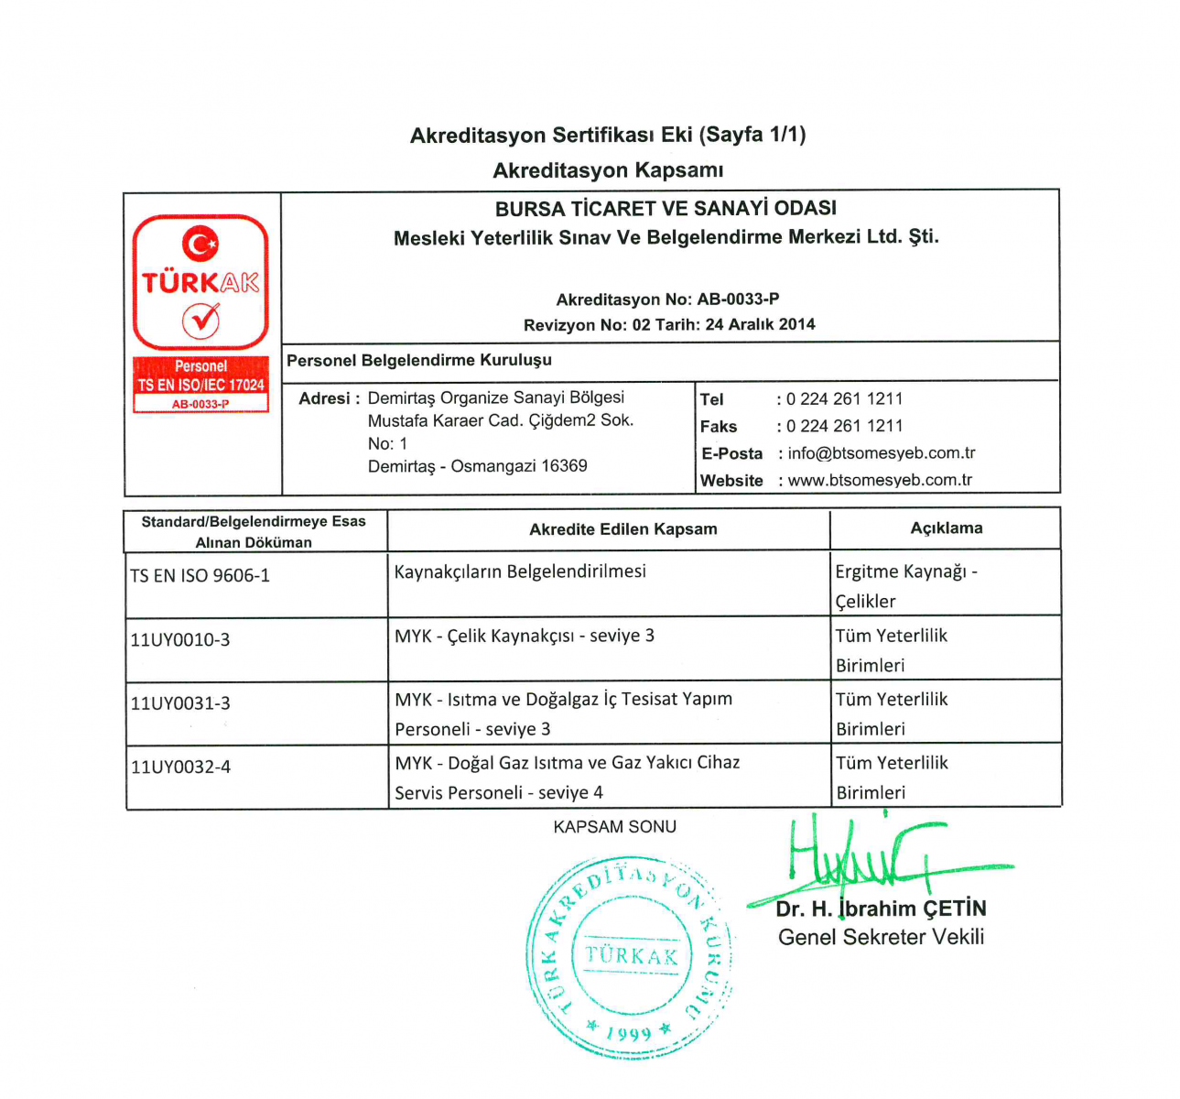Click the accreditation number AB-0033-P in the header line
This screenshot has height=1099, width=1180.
click(x=738, y=299)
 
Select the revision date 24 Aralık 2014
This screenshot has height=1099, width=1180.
click(x=760, y=324)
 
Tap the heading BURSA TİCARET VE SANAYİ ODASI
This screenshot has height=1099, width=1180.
click(x=666, y=209)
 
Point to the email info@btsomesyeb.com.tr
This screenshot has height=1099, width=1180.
click(x=882, y=453)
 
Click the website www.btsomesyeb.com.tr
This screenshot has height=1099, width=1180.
click(x=880, y=480)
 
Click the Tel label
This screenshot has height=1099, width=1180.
click(x=711, y=399)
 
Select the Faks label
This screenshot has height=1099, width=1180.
click(x=718, y=427)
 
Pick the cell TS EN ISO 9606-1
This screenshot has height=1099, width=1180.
click(x=200, y=576)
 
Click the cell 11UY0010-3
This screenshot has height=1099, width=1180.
click(x=179, y=640)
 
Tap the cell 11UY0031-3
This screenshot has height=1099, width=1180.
click(x=179, y=703)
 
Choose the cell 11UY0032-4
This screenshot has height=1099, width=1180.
click(x=179, y=767)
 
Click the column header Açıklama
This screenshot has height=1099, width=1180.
click(x=946, y=528)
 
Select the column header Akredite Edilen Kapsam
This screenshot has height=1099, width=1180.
click(x=622, y=529)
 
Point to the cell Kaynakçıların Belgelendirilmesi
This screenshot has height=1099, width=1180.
click(x=520, y=571)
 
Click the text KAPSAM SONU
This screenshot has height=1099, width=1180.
click(x=614, y=827)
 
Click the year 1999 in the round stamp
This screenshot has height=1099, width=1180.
click(x=628, y=1033)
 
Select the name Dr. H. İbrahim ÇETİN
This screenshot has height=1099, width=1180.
click(x=881, y=909)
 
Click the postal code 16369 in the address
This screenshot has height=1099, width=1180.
click(x=564, y=466)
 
